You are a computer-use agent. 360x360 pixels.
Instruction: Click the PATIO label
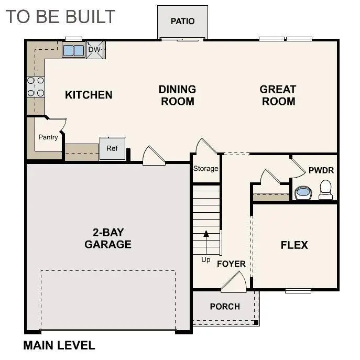182,21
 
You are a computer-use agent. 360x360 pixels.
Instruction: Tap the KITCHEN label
89,95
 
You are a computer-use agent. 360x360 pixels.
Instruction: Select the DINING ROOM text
177,95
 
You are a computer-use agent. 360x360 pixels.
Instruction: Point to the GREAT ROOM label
278,95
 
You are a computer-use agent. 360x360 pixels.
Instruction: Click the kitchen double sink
73,50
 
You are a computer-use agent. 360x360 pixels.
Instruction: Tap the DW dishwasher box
95,50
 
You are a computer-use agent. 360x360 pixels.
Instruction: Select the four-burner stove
36,87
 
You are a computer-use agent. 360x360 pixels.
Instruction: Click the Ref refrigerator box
112,148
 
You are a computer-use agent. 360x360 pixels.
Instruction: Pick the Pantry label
48,137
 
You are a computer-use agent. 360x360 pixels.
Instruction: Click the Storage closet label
205,169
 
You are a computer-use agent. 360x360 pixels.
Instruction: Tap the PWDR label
321,171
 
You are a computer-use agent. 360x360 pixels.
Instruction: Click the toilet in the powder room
325,190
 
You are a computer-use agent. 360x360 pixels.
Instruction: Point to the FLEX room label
294,245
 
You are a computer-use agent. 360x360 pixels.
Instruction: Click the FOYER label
231,264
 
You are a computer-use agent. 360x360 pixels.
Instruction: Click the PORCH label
225,307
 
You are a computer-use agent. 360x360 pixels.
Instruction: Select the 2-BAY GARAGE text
108,238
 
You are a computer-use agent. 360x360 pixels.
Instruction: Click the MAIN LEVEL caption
59,345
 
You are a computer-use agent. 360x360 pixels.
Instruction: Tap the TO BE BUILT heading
60,16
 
